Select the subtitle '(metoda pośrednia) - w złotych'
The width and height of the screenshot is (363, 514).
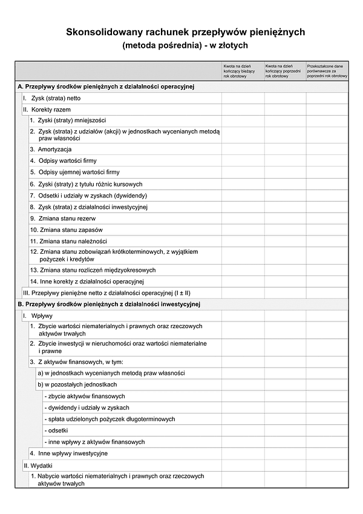(185, 45)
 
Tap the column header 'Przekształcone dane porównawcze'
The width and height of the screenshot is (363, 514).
(327, 71)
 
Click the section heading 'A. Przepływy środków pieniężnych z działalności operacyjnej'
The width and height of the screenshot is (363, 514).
(106, 87)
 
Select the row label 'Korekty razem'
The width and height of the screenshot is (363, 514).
(51, 110)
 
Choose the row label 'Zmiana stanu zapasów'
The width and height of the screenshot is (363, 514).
(70, 230)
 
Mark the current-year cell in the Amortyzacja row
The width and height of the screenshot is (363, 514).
(243, 149)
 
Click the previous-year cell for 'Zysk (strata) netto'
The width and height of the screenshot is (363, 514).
(285, 98)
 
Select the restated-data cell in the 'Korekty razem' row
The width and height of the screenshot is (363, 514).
(327, 110)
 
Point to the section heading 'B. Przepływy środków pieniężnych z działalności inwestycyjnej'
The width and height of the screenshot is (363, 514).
(109, 304)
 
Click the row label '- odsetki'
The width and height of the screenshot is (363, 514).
(57, 430)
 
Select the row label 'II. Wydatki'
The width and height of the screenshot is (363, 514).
(41, 466)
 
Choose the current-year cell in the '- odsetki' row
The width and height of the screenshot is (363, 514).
(243, 430)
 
